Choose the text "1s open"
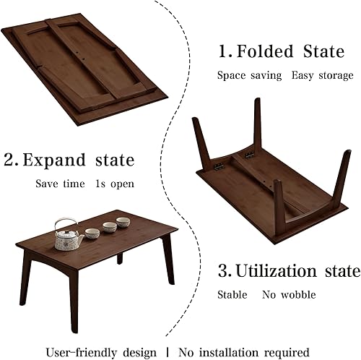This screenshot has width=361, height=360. (x=114, y=183)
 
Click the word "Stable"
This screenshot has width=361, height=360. (x=232, y=295)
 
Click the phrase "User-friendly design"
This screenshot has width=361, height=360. (x=101, y=333)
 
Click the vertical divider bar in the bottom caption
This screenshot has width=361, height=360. (x=168, y=333)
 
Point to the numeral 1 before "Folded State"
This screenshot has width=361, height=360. (x=223, y=52)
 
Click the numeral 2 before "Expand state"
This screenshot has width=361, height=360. (x=9, y=160)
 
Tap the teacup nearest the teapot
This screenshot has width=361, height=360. (x=92, y=233)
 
